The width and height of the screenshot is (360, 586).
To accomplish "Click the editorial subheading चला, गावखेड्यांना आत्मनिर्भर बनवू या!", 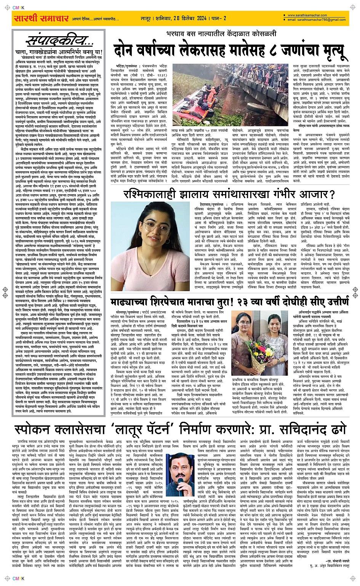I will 54,52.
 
